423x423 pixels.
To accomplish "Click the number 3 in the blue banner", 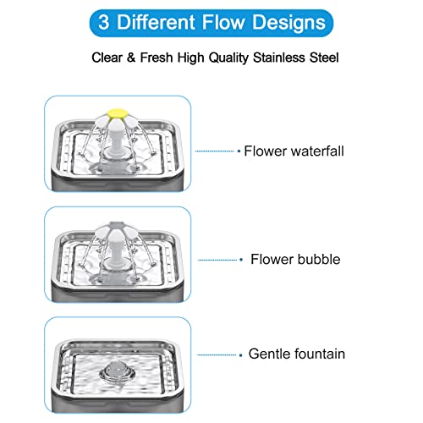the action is click(104, 22).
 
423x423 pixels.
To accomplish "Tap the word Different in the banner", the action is click(156, 22).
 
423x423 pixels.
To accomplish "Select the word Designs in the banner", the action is click(288, 24).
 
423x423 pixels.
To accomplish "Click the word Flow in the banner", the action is click(223, 22).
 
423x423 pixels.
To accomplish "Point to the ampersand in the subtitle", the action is click(131, 58).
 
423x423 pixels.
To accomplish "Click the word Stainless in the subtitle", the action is click(279, 58).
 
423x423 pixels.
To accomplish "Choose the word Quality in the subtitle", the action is click(228, 58).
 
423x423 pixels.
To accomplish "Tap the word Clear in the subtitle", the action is click(107, 58).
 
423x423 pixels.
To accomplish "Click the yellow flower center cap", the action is click(118, 113).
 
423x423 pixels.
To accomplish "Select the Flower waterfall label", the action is click(294, 151).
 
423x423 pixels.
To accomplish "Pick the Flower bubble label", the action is click(295, 259).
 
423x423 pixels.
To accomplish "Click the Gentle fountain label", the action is click(297, 354).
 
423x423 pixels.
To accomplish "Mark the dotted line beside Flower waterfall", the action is click(215, 151).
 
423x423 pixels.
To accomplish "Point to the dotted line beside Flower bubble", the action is click(217, 260).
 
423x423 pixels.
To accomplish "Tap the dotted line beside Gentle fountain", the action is click(217, 354).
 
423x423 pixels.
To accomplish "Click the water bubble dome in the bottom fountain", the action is click(117, 370).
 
